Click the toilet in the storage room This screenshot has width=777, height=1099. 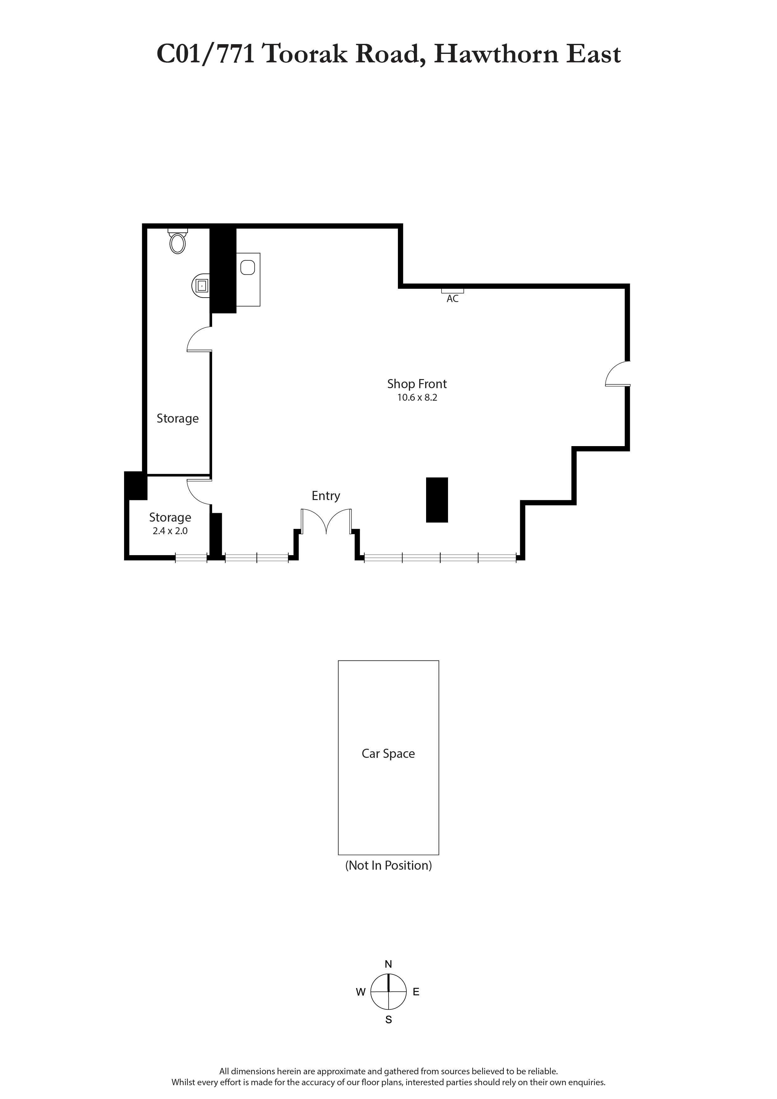[x=178, y=241]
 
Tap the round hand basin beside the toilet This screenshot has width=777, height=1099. [x=201, y=286]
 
